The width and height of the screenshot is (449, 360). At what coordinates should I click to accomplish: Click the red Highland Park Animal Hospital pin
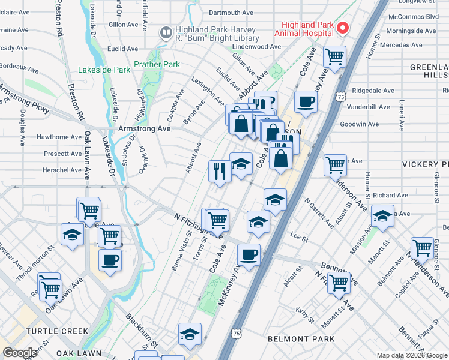(x=343, y=28)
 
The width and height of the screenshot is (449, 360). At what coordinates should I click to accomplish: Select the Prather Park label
(x=157, y=64)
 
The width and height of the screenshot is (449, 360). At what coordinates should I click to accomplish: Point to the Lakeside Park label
(x=104, y=70)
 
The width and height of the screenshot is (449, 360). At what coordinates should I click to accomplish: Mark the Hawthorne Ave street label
(x=59, y=137)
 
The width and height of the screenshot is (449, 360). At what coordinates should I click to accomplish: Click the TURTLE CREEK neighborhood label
(x=50, y=331)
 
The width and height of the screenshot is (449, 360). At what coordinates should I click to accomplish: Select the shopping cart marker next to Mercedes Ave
(x=335, y=58)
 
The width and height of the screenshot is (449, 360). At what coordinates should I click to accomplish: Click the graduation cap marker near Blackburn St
(x=190, y=334)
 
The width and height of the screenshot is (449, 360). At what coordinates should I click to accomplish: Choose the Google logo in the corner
(x=20, y=353)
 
